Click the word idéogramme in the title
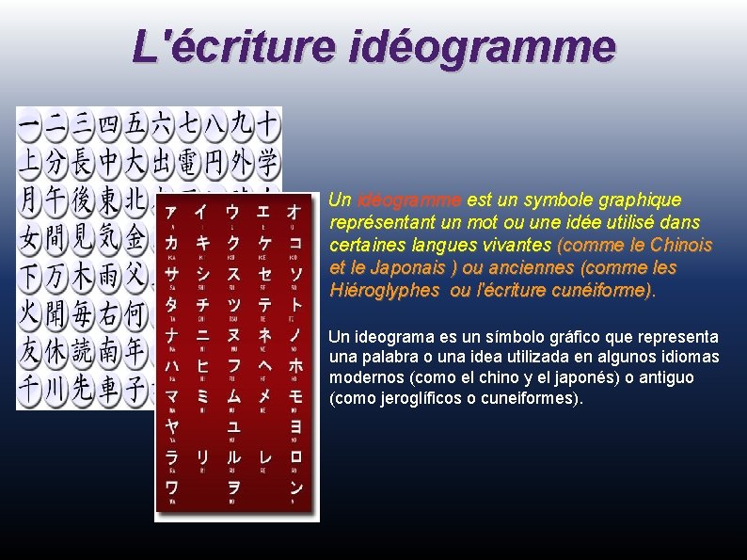click(x=482, y=45)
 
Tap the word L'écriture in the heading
click(x=231, y=45)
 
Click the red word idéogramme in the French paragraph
click(x=409, y=200)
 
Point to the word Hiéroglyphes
click(x=384, y=291)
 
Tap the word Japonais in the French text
click(x=398, y=268)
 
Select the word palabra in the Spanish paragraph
click(x=388, y=358)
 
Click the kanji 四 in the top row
click(x=109, y=122)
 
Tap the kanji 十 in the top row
click(x=268, y=122)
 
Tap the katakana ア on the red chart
click(x=171, y=214)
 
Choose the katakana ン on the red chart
click(x=295, y=487)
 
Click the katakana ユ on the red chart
click(x=233, y=426)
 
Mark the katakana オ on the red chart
click(x=295, y=214)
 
